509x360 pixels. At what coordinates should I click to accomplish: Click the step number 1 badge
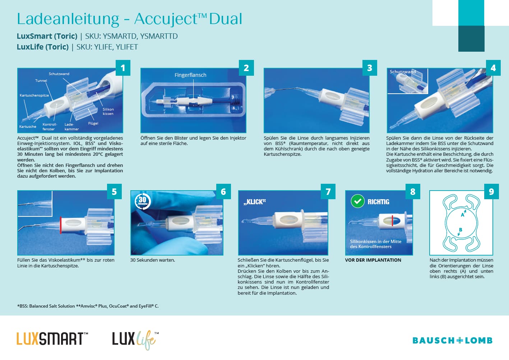pyautogui.click(x=123, y=67)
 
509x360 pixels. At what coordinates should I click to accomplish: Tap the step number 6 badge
pyautogui.click(x=223, y=192)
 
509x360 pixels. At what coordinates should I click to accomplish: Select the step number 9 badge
pyautogui.click(x=491, y=192)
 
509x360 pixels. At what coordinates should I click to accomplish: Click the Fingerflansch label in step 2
pyautogui.click(x=190, y=75)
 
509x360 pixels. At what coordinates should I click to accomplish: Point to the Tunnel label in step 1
pyautogui.click(x=41, y=81)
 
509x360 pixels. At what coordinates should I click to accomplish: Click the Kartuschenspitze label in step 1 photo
pyautogui.click(x=34, y=95)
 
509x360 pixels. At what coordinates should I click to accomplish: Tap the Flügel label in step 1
pyautogui.click(x=93, y=123)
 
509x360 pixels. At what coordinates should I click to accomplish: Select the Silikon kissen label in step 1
pyautogui.click(x=108, y=112)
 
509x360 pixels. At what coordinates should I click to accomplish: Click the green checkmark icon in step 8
pyautogui.click(x=358, y=201)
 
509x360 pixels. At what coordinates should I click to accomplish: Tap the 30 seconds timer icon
pyautogui.click(x=143, y=201)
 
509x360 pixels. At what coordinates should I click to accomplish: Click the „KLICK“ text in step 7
pyautogui.click(x=254, y=202)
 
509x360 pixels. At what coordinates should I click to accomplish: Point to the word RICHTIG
pyautogui.click(x=378, y=202)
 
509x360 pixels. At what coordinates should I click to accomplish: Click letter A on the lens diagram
pyautogui.click(x=462, y=215)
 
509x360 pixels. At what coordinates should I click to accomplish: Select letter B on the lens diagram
pyautogui.click(x=461, y=230)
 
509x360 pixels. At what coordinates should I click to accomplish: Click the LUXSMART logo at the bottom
pyautogui.click(x=52, y=339)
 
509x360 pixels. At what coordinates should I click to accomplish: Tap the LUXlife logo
pyautogui.click(x=135, y=340)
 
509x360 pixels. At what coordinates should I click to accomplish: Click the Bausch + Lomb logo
pyautogui.click(x=452, y=341)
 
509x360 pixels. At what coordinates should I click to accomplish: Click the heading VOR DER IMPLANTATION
pyautogui.click(x=373, y=260)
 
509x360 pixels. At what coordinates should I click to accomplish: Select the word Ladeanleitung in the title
pyautogui.click(x=68, y=19)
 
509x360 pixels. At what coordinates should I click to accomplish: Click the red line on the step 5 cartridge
pyautogui.click(x=61, y=225)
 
